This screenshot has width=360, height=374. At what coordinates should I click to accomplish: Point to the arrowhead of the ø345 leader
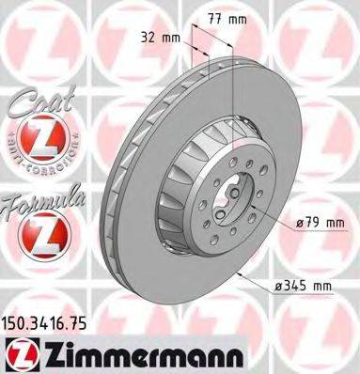tap(242, 272)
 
